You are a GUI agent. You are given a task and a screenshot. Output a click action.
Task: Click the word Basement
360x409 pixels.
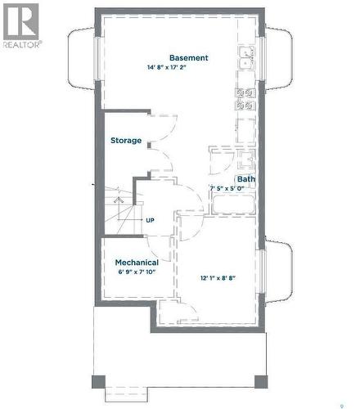tap(188, 58)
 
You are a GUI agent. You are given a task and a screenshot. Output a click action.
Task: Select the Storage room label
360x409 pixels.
tap(126, 141)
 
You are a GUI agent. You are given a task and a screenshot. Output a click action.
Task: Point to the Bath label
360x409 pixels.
tap(245, 179)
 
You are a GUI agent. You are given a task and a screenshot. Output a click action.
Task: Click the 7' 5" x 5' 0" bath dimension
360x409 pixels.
tap(238, 189)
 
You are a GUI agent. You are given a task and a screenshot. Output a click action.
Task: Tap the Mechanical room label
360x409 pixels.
tap(136, 263)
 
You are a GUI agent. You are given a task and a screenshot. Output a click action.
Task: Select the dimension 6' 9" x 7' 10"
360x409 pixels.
tap(136, 272)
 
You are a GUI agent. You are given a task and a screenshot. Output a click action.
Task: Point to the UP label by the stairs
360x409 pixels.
tap(150, 220)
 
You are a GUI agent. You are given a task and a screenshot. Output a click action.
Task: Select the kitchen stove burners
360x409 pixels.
tap(245, 98)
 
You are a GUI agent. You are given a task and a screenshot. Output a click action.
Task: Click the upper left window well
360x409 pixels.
tap(82, 59)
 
